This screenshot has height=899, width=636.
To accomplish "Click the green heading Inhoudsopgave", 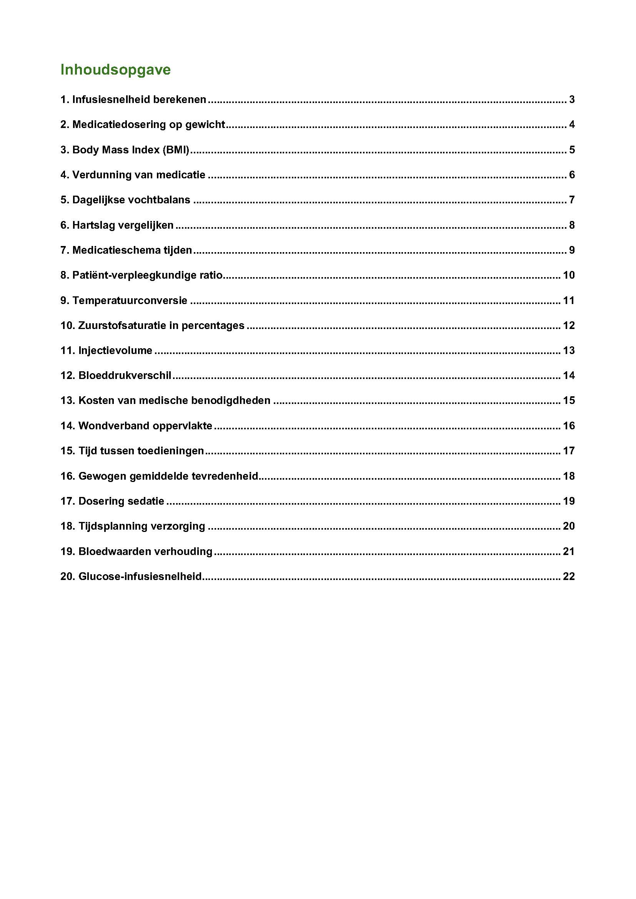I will [115, 70].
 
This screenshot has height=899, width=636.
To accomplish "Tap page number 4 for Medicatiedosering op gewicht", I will [572, 125].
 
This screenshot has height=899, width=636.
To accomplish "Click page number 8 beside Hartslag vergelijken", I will [572, 225].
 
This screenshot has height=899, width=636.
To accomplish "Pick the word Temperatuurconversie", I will [130, 301].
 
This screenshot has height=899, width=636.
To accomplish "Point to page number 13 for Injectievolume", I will [569, 351].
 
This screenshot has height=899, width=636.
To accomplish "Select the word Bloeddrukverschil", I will [125, 376].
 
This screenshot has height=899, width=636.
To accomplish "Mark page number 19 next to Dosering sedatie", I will [569, 501].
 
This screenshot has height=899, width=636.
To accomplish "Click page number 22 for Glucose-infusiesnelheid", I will [569, 577].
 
